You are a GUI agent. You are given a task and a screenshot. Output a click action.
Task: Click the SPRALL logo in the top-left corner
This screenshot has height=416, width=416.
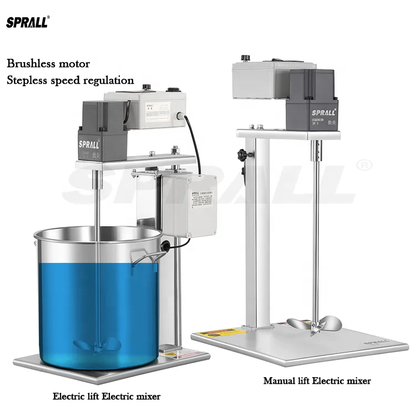point(28,22)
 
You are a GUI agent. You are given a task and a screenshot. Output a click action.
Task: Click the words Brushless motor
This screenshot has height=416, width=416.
point(48,64)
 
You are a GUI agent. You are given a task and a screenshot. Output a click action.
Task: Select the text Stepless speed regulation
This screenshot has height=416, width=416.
point(70,80)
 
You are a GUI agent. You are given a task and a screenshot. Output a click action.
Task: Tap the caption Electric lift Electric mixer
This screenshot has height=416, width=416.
point(106,396)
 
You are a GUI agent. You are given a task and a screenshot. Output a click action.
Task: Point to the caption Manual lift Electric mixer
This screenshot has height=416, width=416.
point(317,381)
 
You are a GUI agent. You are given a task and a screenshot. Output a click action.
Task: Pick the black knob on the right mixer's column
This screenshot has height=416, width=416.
point(242,154)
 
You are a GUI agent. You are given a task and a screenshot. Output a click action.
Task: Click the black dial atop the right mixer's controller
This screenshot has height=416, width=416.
point(245,58)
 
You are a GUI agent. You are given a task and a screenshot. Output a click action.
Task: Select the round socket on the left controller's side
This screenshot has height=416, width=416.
point(179,117)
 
